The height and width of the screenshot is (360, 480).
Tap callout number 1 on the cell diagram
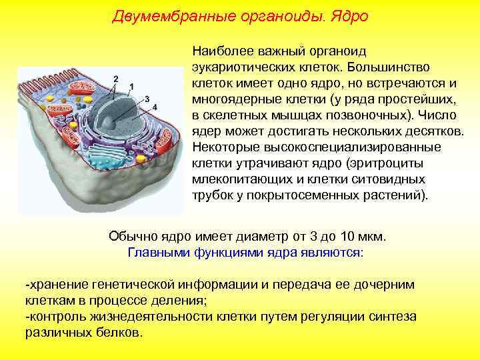click(131, 87)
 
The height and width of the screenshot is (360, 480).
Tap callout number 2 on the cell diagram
click(116, 79)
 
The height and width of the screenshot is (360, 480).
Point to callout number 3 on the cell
click(146, 98)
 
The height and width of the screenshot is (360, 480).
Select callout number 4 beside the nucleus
click(155, 107)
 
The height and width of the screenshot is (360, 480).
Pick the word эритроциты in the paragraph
click(371, 164)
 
